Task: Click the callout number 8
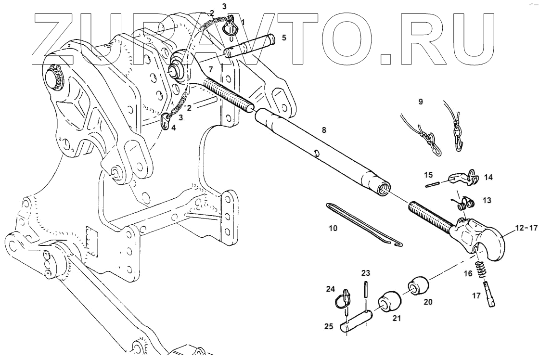point(323,129)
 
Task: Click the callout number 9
point(420,102)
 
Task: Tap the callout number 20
point(428,302)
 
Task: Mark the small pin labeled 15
point(435,182)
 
